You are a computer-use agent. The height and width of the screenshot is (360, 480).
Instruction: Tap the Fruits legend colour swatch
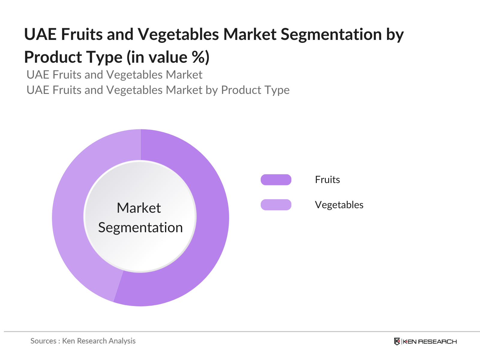point(276,180)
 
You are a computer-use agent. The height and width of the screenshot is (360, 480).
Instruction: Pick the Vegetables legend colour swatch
point(276,205)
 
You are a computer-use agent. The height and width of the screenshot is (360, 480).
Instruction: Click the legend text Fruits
point(327,180)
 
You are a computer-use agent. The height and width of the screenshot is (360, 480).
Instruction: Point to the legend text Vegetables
point(339,205)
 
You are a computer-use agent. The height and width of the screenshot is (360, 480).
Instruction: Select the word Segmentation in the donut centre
point(140,228)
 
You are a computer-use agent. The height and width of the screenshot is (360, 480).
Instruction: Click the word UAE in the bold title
point(40,34)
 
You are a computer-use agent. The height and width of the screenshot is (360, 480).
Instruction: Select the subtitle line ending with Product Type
point(158,90)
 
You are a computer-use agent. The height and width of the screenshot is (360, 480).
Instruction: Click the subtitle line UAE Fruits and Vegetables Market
point(114,75)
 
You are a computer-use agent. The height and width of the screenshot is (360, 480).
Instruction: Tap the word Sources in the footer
point(43,341)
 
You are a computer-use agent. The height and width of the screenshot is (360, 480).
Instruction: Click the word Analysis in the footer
point(122,341)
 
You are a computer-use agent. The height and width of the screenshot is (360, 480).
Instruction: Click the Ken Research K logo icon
point(397,341)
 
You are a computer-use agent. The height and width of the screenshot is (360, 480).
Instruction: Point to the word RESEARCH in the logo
point(437,342)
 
